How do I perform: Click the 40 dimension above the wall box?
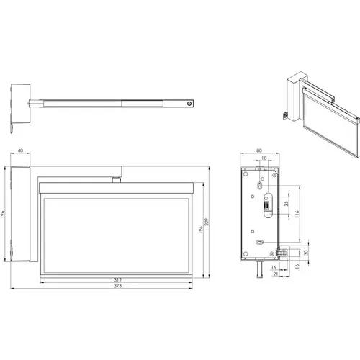pos(21,150)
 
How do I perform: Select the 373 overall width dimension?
pos(117,286)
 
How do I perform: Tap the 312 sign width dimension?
pos(117,280)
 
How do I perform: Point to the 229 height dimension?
pos(207,222)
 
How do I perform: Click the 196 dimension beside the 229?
pos(201,230)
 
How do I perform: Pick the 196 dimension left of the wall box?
pos(3,214)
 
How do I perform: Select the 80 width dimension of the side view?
pos(259,150)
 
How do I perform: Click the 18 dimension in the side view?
pos(264,158)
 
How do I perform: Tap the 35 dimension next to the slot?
pos(286,204)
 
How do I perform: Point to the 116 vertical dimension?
pos(297,214)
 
